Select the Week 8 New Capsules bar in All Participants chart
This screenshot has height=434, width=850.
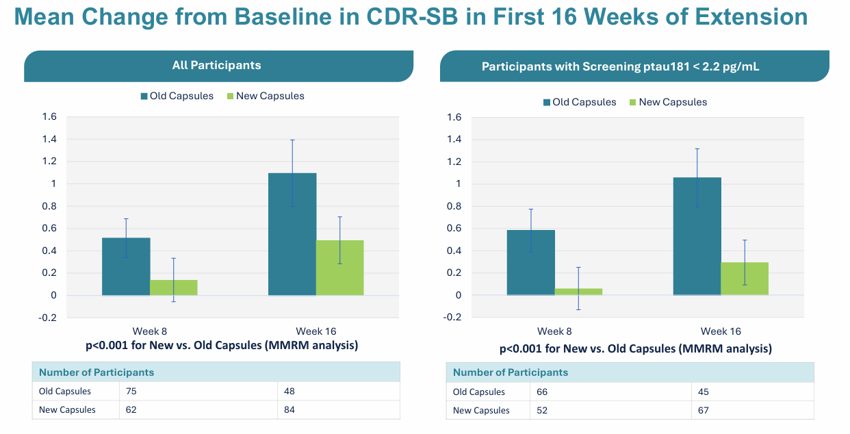(174, 288)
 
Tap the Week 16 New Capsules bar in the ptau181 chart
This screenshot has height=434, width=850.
(745, 279)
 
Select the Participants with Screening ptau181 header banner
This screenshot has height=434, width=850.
(620, 66)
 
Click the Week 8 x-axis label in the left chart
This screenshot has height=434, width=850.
(150, 331)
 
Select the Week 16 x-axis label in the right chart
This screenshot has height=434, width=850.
(721, 331)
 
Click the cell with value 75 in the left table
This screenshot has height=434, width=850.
(131, 392)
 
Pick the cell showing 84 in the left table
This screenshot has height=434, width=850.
(290, 409)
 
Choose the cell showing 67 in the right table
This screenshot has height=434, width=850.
(704, 410)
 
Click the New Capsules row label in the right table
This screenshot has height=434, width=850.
(481, 410)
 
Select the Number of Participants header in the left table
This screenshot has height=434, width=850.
(96, 372)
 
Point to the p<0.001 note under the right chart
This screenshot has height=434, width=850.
(635, 349)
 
